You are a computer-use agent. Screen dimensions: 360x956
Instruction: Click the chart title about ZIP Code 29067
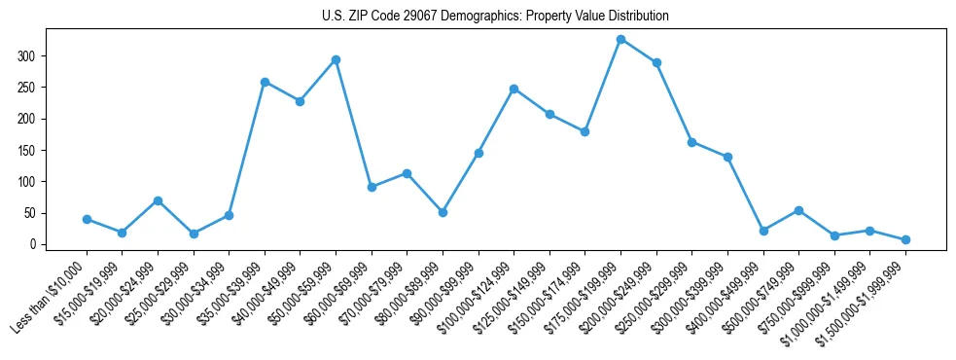coord(495,17)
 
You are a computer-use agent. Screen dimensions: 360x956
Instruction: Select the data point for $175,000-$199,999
coord(620,40)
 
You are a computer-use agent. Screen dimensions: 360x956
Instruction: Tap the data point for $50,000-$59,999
coord(336,59)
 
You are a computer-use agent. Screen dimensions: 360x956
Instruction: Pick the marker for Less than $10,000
coord(87,219)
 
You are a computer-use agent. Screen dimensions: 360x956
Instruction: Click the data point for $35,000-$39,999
coord(265,82)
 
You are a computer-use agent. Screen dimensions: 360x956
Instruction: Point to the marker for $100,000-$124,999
coord(513,89)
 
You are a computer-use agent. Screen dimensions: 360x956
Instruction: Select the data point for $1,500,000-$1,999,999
coord(905,239)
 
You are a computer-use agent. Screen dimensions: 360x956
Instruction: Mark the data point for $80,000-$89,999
coord(443,212)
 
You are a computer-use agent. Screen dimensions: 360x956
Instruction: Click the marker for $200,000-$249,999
coord(656,62)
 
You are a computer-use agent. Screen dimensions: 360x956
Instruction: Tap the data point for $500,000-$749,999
coord(798,210)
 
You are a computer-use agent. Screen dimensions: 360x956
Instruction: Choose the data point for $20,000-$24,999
coord(158,200)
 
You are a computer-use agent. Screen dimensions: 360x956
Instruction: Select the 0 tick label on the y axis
coord(33,244)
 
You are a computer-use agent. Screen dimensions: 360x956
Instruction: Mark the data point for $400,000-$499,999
coord(763,231)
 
